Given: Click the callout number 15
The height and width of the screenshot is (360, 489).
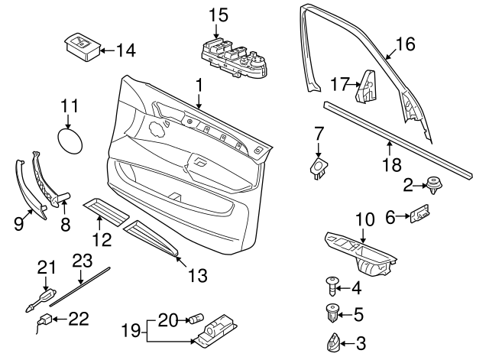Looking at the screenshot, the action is (219, 15).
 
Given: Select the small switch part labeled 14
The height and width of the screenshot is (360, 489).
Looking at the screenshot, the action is (83, 47).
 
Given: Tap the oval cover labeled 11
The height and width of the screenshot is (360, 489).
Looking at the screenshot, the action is (70, 141).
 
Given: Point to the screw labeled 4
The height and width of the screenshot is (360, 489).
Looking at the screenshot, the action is (332, 285).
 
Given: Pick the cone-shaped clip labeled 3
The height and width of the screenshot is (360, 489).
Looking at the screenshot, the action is (332, 342).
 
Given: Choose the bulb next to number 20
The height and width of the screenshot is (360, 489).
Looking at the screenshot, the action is (196, 319).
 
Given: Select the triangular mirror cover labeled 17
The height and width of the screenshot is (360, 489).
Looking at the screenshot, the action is (366, 86).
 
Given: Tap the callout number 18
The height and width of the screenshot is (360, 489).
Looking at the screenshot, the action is (392, 164).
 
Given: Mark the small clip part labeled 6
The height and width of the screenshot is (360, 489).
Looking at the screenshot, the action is (419, 214).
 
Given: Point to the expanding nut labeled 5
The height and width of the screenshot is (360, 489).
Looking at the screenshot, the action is (332, 314).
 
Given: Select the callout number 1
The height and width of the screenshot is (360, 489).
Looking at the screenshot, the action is (199, 85).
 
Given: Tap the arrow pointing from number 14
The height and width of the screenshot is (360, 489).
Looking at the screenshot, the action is (108, 50).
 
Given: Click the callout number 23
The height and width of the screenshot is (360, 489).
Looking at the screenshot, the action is (83, 261).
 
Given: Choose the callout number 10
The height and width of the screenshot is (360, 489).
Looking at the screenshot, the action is (365, 219).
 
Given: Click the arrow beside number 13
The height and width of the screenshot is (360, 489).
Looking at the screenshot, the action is (181, 261).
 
